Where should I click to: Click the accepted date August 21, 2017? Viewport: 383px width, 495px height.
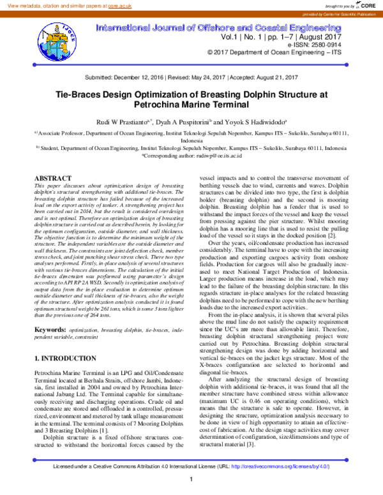pos(275,77)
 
